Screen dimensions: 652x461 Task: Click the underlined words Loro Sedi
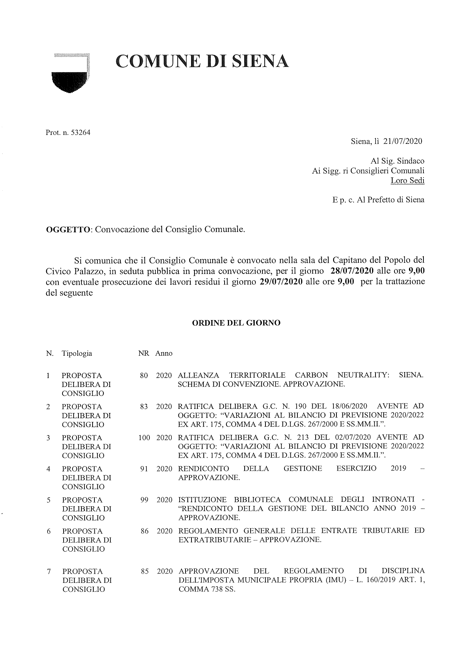point(407,181)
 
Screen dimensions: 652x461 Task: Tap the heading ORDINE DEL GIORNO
point(236,323)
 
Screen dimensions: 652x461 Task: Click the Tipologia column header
point(77,354)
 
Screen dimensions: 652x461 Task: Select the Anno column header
point(164,354)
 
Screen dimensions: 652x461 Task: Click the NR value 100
point(144,438)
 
